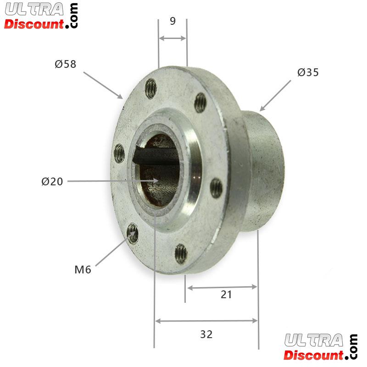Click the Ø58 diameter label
[66, 64]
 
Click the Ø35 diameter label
[308, 72]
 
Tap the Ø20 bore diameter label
[52, 181]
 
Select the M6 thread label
[83, 270]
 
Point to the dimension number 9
[172, 21]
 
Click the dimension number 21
[226, 295]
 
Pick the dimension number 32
[206, 334]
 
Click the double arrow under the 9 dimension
[172, 38]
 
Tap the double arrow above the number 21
[222, 287]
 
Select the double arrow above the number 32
[206, 321]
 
